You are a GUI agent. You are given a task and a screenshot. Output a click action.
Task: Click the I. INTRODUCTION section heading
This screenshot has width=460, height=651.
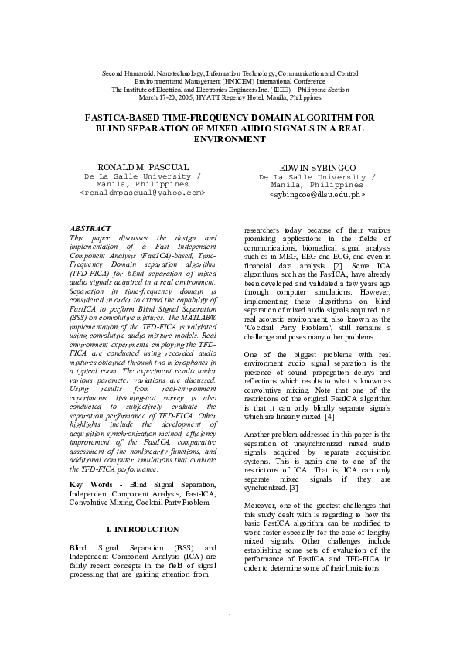point(141,529)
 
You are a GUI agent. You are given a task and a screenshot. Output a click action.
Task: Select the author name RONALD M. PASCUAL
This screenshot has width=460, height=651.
point(142,167)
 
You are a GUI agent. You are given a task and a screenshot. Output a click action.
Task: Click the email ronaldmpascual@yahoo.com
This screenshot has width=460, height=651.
point(142,193)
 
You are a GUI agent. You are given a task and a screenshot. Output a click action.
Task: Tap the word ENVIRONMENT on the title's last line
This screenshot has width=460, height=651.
point(230,139)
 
